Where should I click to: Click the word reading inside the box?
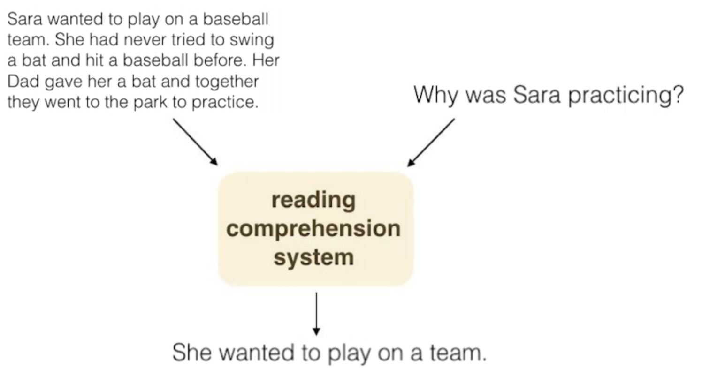[313, 200]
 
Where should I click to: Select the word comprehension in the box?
[313, 229]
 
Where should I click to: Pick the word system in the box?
[313, 257]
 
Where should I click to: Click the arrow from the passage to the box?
[195, 142]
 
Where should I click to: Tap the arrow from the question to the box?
[431, 142]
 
